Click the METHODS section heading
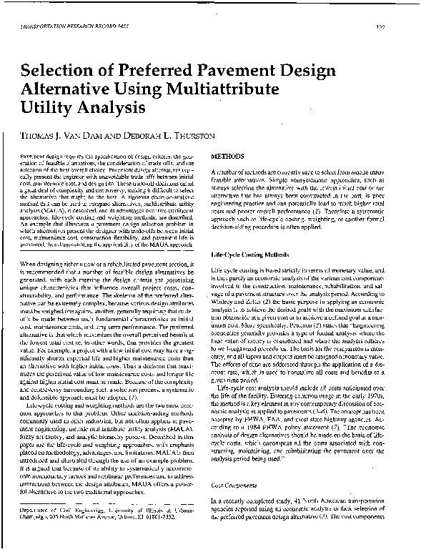coord(229,157)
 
